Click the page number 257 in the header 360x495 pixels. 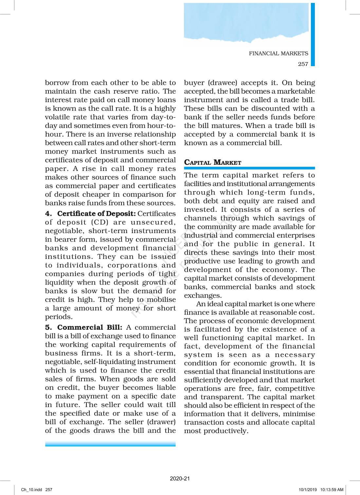pos(303,64)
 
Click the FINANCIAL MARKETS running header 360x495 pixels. pos(278,53)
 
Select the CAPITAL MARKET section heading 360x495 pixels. pos(213,162)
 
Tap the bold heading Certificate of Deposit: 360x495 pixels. pos(96,214)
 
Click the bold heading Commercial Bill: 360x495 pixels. pos(89,327)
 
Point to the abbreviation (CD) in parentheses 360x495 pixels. pos(99,222)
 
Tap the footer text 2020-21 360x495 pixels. pos(180,478)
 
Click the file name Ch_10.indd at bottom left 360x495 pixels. pos(31,490)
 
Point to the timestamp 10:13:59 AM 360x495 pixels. pos(332,490)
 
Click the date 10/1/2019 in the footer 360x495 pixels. pos(308,490)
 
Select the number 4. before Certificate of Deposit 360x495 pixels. pos(48,214)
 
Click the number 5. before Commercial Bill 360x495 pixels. pos(48,327)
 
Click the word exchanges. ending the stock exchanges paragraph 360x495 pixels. pos(198,295)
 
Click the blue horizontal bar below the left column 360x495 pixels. pos(110,444)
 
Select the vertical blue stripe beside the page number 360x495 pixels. pos(313,34)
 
